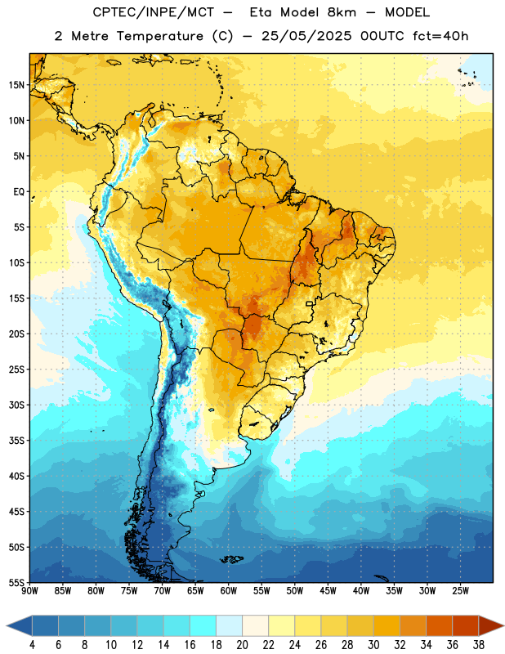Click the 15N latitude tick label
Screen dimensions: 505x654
16,85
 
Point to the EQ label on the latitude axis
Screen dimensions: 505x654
19,192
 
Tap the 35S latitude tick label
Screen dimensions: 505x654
16,441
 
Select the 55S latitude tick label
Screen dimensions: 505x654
16,582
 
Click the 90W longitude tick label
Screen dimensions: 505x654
29,591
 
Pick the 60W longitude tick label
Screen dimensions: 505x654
229,591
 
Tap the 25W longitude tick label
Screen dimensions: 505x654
460,591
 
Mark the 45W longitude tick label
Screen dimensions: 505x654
328,591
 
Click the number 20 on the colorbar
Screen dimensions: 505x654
242,645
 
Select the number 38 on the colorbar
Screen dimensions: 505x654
478,645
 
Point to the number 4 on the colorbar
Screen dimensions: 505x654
32,645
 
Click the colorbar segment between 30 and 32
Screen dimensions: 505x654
387,625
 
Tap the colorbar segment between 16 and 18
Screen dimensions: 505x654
203,625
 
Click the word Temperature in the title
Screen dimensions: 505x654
159,36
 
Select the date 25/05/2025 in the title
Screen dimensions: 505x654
306,36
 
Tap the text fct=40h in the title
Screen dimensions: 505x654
440,36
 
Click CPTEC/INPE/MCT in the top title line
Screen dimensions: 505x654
153,12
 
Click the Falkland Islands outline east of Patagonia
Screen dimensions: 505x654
232,559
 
